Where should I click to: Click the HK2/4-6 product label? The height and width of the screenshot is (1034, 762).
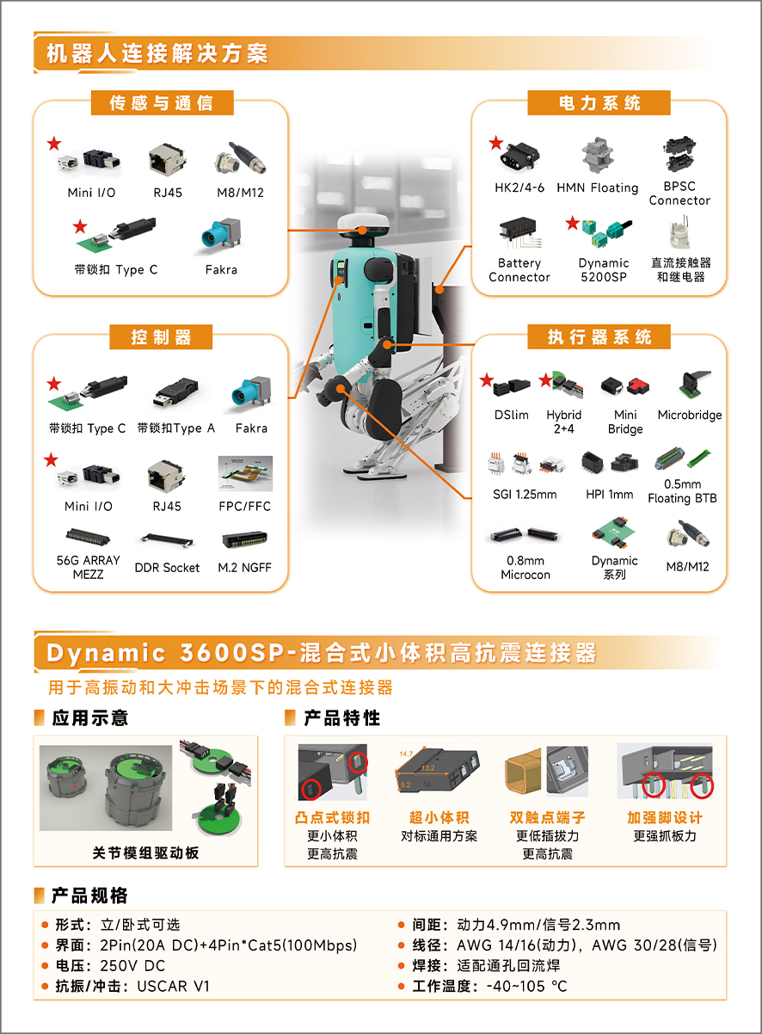click(x=519, y=188)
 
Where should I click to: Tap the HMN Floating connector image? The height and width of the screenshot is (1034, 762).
click(x=597, y=155)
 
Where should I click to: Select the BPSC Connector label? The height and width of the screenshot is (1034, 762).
click(x=679, y=194)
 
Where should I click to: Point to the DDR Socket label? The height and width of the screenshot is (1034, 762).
click(x=167, y=567)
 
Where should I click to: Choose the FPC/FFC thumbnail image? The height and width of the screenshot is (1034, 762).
click(x=245, y=474)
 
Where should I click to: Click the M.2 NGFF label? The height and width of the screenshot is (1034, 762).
click(x=244, y=567)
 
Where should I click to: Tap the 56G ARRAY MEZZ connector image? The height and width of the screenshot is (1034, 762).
click(x=88, y=537)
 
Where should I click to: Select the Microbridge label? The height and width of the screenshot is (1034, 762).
click(x=690, y=415)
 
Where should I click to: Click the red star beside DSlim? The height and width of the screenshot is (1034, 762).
click(x=487, y=380)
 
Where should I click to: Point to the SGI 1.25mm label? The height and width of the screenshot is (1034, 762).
click(x=525, y=495)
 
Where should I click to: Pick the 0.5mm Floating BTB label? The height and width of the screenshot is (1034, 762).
click(x=682, y=491)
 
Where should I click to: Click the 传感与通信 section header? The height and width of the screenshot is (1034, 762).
click(x=162, y=102)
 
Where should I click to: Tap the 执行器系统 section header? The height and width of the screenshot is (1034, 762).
click(x=599, y=337)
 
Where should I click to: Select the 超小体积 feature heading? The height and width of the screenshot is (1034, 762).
click(x=439, y=817)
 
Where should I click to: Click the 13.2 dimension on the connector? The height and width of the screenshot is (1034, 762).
click(x=427, y=767)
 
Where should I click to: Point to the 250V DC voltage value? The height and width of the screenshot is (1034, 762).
click(x=132, y=966)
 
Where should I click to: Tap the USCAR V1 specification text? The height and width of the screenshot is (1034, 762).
click(x=174, y=986)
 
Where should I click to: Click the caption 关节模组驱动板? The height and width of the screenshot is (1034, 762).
click(x=146, y=852)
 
